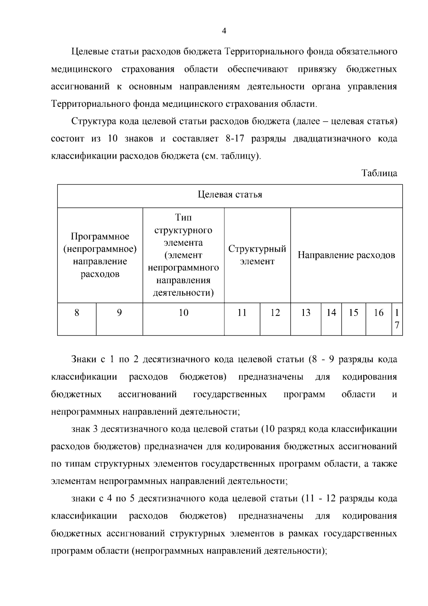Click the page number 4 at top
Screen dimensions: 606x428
click(224, 31)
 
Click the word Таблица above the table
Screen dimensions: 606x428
click(379, 173)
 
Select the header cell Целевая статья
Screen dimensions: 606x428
click(230, 195)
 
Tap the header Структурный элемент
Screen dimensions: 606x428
click(257, 255)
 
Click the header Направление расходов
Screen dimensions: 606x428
click(346, 255)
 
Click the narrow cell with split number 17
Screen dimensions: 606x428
click(397, 319)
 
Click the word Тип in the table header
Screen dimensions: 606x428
click(183, 217)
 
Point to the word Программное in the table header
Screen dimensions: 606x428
click(100, 236)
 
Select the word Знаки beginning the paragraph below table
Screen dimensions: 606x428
click(84, 359)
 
